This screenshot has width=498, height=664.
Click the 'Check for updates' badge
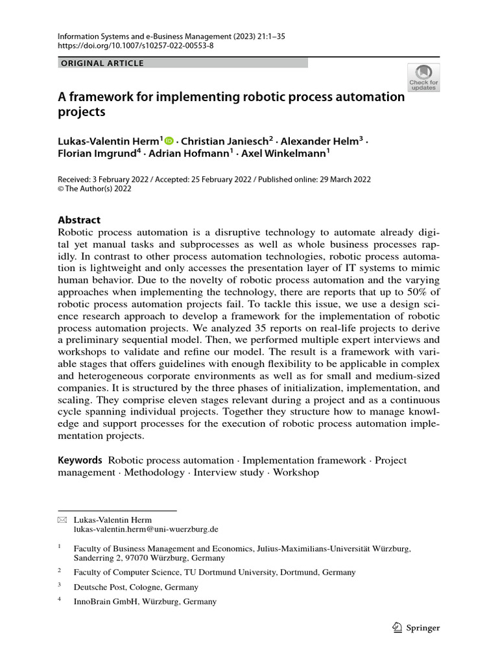point(423,77)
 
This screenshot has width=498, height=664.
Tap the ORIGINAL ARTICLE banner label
point(102,64)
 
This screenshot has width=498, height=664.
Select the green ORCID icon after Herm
point(170,141)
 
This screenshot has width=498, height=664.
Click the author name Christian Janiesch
point(227,141)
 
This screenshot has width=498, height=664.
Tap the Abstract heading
point(79,220)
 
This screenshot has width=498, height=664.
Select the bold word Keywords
point(80,460)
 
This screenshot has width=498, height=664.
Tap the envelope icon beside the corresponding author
point(62,520)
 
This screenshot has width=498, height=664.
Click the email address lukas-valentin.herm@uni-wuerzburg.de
point(146,530)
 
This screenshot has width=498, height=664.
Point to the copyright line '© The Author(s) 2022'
point(95,189)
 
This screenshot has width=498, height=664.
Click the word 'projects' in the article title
point(81,112)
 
